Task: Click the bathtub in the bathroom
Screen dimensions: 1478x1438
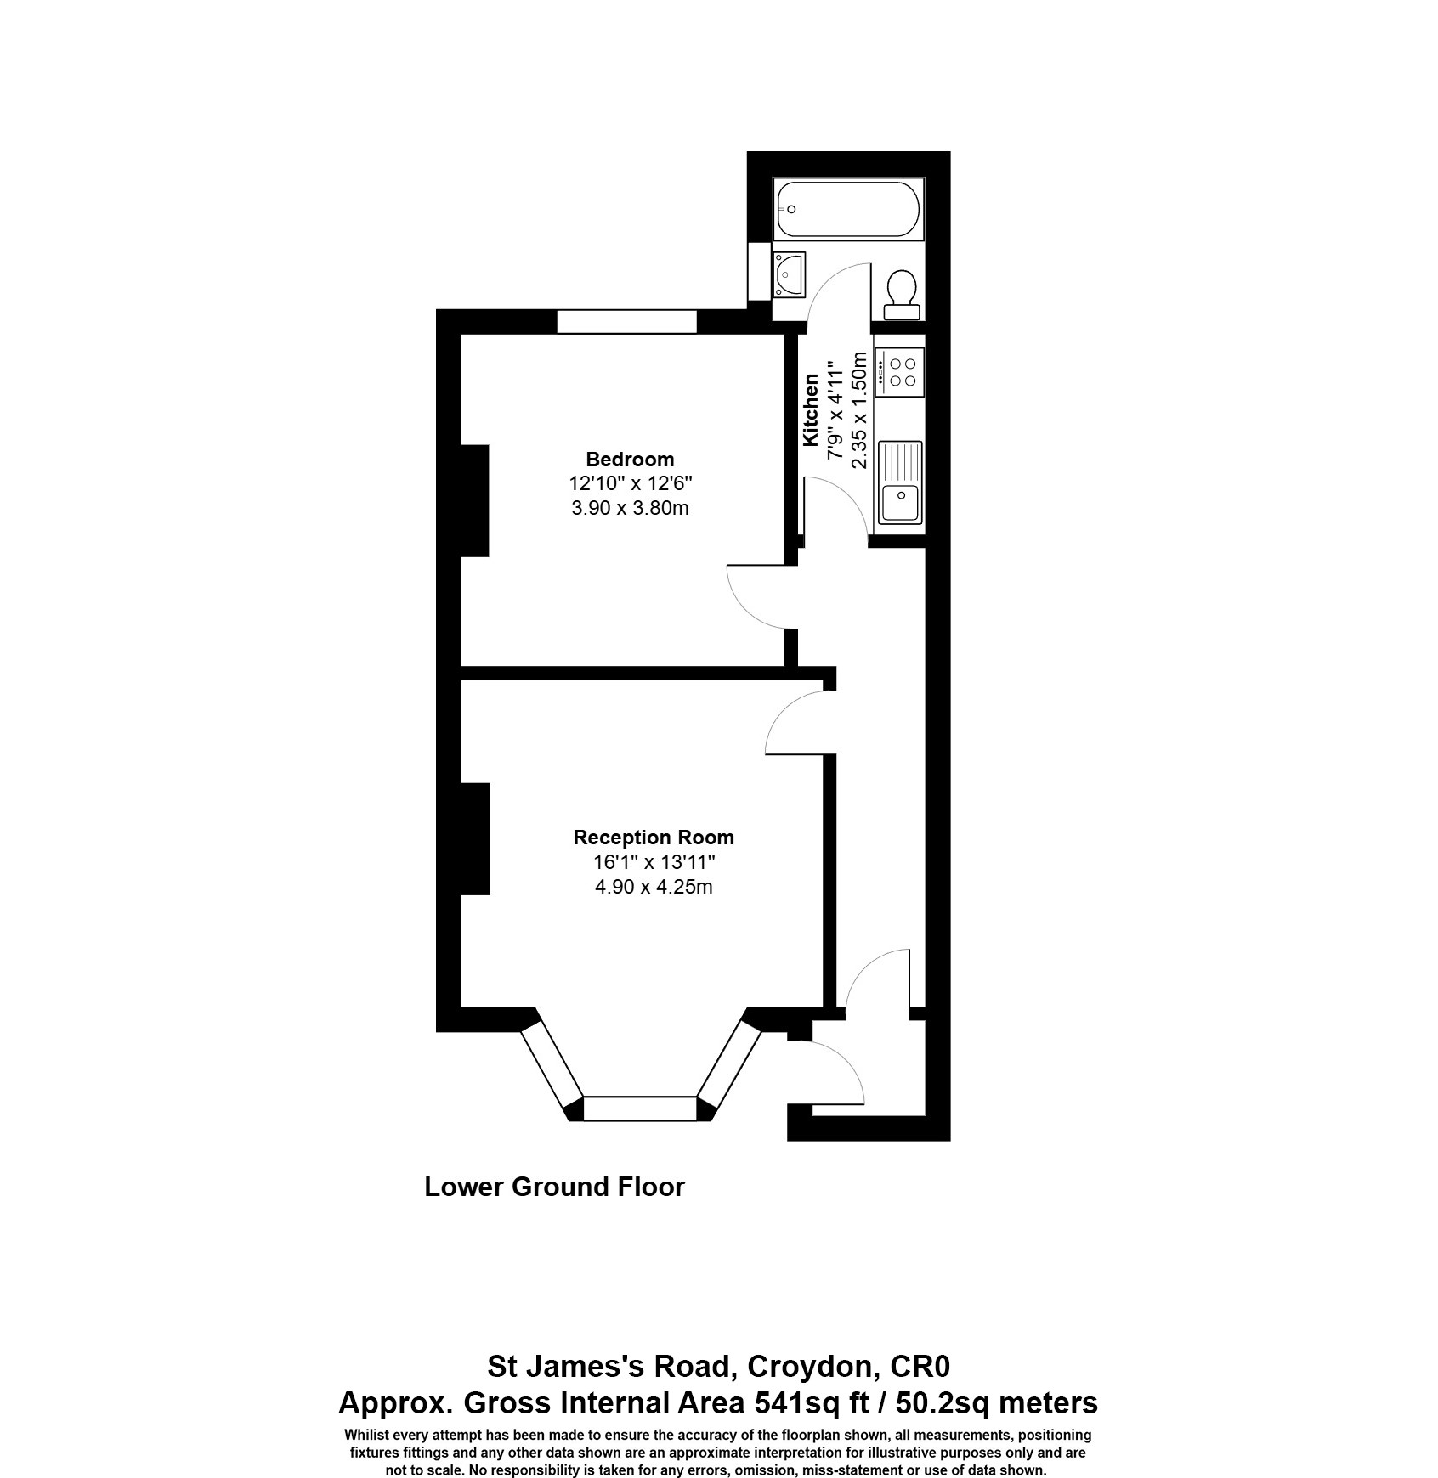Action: [x=847, y=211]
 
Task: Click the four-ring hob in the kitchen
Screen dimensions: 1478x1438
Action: [x=900, y=371]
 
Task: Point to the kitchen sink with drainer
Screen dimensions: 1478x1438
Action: [x=900, y=482]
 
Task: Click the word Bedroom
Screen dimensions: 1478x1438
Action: [x=630, y=460]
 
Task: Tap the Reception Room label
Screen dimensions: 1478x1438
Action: [x=653, y=838]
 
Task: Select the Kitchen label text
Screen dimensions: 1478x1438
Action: [x=811, y=409]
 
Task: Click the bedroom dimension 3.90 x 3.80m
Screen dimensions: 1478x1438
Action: [x=630, y=509]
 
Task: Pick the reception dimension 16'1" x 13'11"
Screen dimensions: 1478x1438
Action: [x=654, y=862]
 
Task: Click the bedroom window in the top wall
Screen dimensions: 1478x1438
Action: [x=626, y=322]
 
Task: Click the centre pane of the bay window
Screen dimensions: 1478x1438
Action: [x=640, y=1108]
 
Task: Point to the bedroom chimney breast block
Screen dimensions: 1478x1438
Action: [x=474, y=500]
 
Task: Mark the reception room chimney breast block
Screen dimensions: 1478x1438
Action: [x=474, y=838]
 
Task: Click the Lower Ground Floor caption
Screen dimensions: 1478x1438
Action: [x=554, y=1187]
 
